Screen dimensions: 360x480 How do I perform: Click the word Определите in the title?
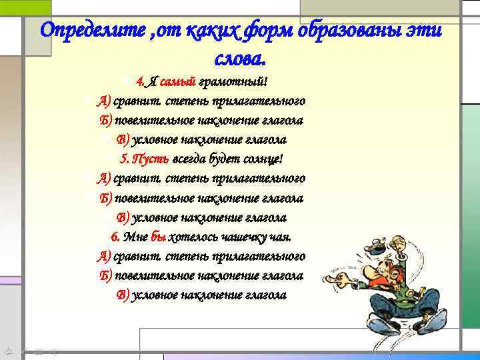coord(85,31)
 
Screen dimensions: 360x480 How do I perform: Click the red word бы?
coord(159,237)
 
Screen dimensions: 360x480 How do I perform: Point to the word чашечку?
coord(243,237)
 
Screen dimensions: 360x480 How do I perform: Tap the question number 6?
coord(115,237)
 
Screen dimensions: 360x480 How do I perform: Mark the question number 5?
coord(124,159)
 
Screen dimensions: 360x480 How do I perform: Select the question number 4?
coord(139,82)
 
